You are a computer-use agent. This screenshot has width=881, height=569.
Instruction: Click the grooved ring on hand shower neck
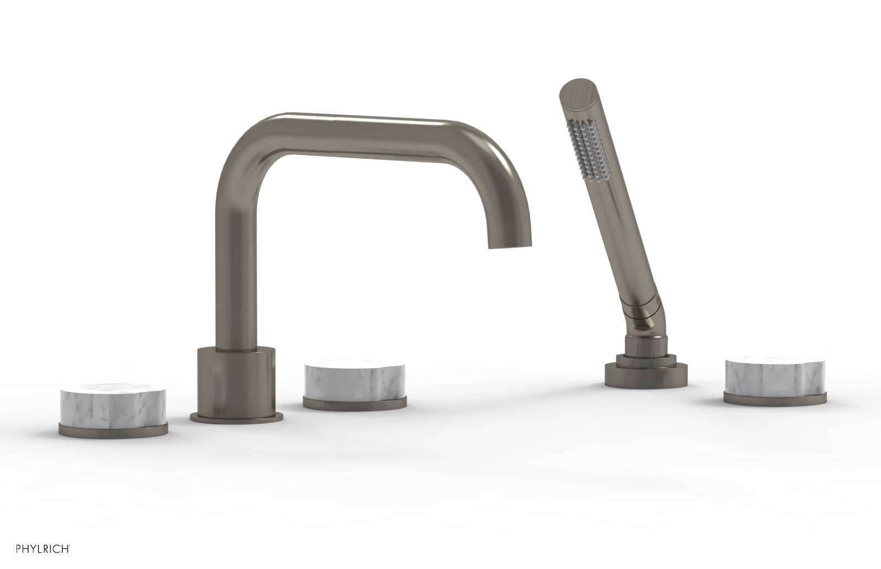pos(639,302)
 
